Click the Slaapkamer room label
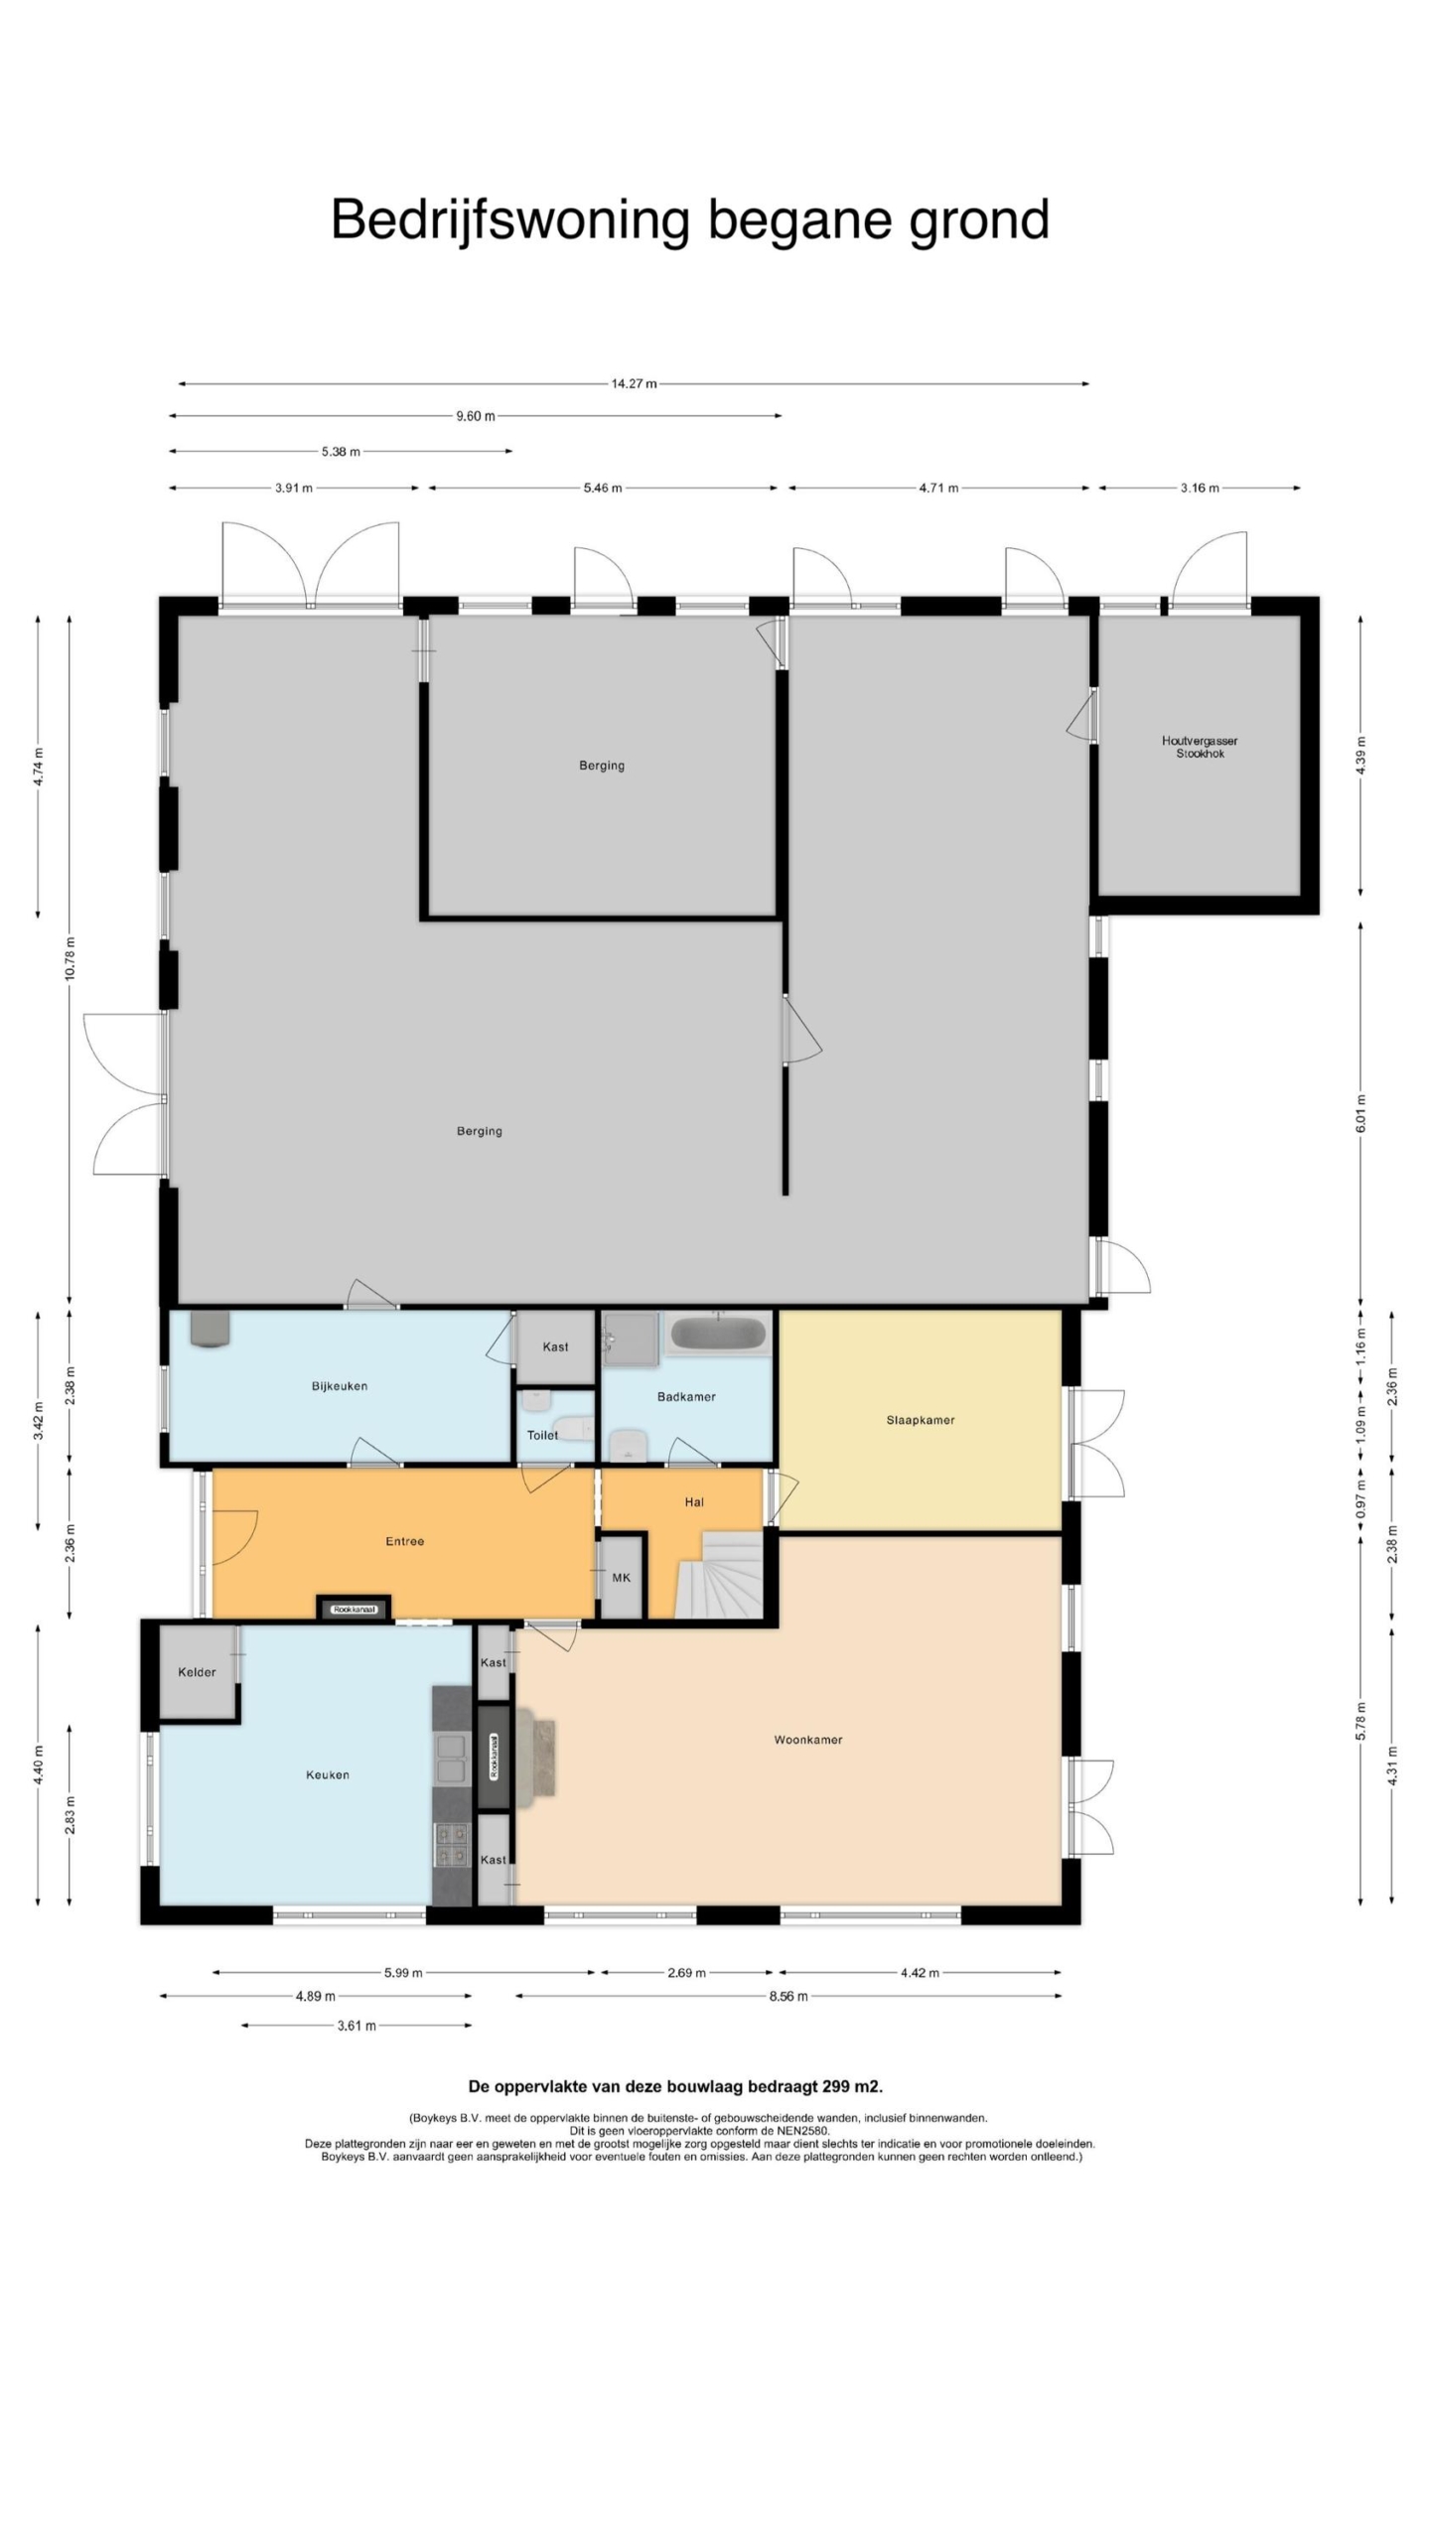coord(920,1420)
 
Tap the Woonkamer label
coord(807,1740)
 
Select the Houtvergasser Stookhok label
coord(1200,747)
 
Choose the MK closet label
coord(621,1578)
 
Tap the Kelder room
coord(197,1672)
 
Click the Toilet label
coord(542,1435)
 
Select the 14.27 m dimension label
coord(634,384)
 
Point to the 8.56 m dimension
coord(787,1996)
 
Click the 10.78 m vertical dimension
coord(70,958)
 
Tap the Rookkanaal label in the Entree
coord(355,1610)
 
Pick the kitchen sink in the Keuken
coord(452,1759)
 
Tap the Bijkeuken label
coord(340,1386)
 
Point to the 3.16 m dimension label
coord(1200,489)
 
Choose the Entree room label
coord(404,1541)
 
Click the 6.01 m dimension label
coord(1360,1112)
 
